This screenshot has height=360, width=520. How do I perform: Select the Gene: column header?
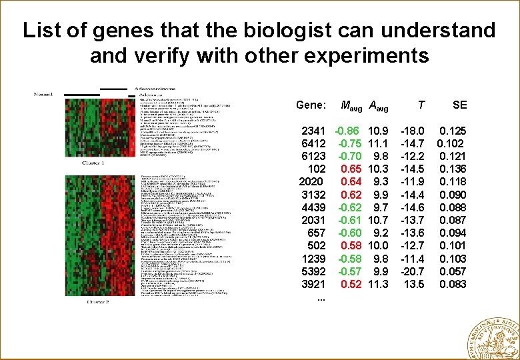[311, 105]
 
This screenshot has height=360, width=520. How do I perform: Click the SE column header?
[459, 105]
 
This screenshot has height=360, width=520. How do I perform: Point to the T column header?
[420, 105]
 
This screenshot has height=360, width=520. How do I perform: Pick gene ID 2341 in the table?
[313, 131]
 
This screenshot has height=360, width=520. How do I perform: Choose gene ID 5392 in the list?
[313, 271]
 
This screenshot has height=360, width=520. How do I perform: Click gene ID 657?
[317, 233]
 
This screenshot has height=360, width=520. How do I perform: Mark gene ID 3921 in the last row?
[313, 285]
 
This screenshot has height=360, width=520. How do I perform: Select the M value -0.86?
[348, 131]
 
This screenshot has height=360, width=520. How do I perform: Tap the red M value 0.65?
[351, 169]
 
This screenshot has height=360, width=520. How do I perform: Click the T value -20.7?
[413, 271]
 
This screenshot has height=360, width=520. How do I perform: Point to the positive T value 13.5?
[415, 285]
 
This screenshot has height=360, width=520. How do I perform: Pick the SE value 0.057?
[453, 271]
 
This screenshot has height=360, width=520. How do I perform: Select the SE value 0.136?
[453, 169]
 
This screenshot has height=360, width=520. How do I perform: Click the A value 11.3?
[378, 285]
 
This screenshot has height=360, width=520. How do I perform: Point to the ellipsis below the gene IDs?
[321, 297]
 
